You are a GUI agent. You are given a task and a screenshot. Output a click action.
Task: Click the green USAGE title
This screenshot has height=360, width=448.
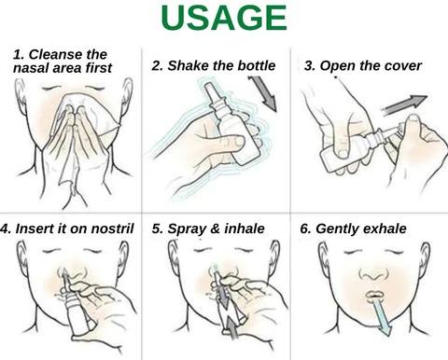pos(224,18)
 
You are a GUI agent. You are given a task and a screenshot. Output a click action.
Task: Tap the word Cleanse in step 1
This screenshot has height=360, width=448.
pos(55,54)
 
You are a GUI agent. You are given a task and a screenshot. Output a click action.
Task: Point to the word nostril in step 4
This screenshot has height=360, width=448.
pos(112,228)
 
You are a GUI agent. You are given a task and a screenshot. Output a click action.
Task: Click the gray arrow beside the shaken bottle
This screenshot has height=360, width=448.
pos(263,94)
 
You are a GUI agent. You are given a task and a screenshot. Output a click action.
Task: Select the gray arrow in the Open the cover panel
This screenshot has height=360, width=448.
pos(404,104)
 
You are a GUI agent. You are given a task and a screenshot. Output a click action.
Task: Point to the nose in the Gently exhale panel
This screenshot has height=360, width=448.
pos(373,274)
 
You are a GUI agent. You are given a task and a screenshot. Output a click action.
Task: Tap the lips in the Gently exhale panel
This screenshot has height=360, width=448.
pos(375,295)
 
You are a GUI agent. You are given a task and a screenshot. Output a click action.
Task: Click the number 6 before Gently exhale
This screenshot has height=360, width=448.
pos(304,228)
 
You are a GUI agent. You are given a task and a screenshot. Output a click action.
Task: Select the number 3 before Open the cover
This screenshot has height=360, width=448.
pos(309,66)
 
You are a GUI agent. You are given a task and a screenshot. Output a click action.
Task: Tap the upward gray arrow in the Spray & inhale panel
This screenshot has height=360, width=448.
pos(231,328)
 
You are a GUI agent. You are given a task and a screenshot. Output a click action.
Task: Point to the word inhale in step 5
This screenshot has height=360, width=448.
pos(245,228)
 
